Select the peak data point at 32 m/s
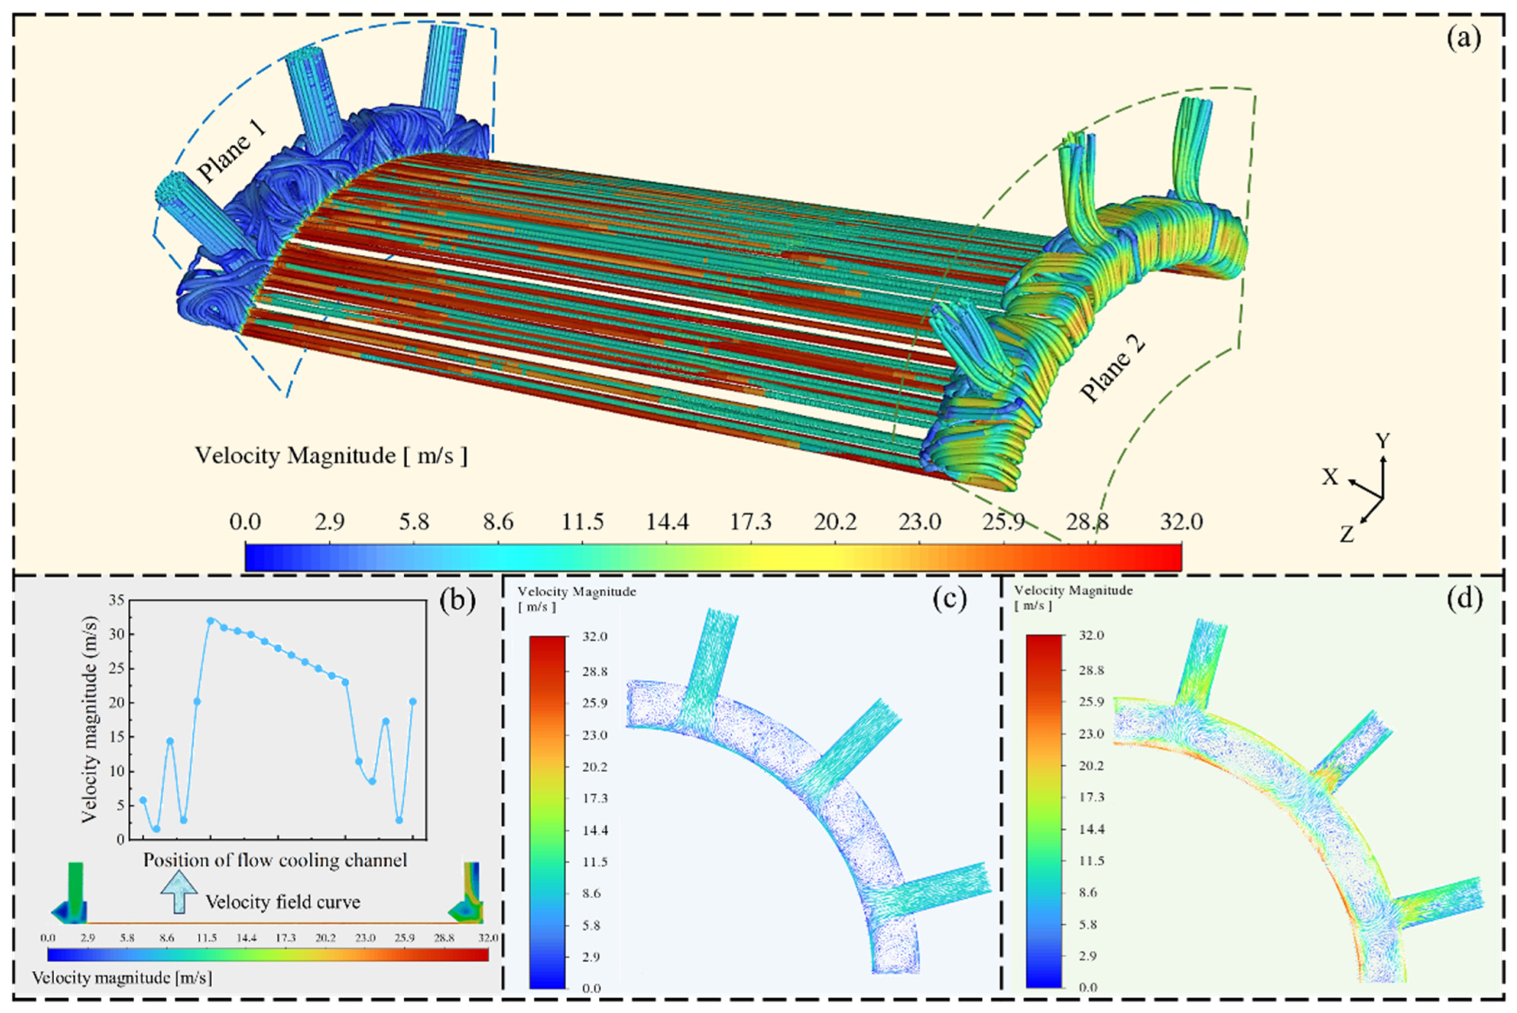pyautogui.click(x=210, y=620)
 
